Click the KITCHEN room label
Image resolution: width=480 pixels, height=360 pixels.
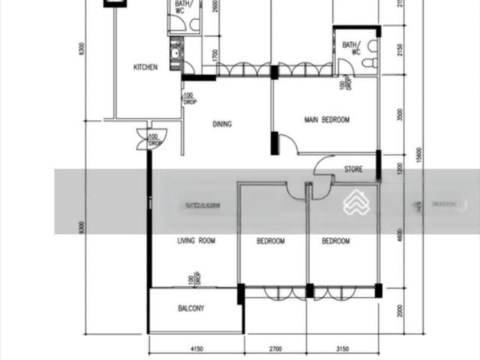[145, 67]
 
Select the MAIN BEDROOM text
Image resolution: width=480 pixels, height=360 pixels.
[326, 120]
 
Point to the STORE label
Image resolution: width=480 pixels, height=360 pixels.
[353, 169]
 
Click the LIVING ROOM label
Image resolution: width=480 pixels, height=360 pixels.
[196, 241]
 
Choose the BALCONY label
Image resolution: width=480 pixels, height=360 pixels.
[191, 308]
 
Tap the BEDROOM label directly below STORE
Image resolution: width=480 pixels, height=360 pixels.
[336, 241]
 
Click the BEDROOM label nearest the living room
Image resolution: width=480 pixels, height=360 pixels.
[271, 241]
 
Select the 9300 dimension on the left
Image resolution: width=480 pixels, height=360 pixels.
[91, 226]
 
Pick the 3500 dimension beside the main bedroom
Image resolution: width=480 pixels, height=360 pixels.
[402, 118]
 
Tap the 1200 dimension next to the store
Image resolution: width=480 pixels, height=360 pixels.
[402, 168]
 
